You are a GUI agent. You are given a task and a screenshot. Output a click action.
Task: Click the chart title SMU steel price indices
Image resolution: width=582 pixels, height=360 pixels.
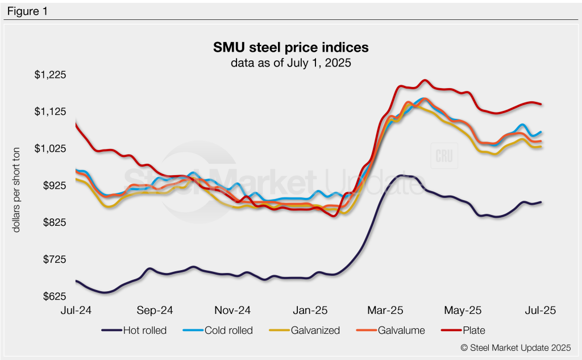[291, 47]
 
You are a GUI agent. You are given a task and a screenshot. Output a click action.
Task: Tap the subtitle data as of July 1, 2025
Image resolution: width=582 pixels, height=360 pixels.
[291, 63]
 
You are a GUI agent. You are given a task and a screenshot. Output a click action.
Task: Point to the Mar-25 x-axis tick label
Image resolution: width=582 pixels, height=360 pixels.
[386, 311]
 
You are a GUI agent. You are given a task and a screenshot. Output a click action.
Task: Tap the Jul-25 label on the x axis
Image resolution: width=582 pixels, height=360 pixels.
[540, 311]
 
